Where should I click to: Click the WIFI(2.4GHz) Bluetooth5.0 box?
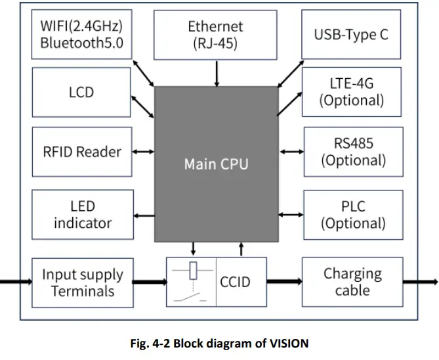coord(82,35)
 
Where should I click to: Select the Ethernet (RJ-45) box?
coord(216,35)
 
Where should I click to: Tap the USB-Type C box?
coord(351,35)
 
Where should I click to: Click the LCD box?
coord(82,93)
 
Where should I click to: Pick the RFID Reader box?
coord(82,152)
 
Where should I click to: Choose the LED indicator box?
coord(82,214)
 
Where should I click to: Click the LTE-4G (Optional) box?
coord(351,92)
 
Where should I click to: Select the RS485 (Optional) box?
coord(352,152)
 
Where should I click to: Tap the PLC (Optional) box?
coord(352,214)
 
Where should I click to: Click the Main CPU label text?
coord(216,164)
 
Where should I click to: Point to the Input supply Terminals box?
coord(82,282)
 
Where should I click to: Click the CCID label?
coord(234,282)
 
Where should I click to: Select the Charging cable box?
coord(352,282)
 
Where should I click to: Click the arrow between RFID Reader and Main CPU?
coord(143,152)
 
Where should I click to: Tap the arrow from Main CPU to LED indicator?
coord(143,214)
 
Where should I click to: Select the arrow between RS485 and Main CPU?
coord(290,152)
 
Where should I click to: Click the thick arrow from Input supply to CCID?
coord(149,282)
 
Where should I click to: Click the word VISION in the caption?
coord(287,344)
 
